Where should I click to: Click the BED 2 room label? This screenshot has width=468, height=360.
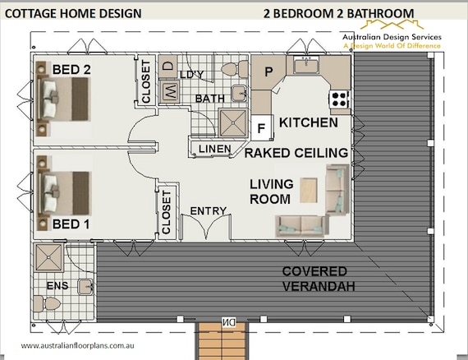tap(71, 70)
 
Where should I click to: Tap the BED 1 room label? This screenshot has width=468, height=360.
tap(71, 224)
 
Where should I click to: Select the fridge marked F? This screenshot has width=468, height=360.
tap(262, 127)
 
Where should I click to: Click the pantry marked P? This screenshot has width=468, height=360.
tap(268, 72)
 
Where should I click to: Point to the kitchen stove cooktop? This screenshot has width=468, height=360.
tap(339, 99)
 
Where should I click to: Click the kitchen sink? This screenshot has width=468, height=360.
tap(306, 65)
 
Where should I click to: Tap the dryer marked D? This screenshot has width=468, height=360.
tap(167, 66)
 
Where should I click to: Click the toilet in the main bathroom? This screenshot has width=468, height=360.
tap(234, 69)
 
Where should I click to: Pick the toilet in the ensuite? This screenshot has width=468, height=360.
tap(47, 304)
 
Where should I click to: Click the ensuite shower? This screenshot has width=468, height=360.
tap(48, 257)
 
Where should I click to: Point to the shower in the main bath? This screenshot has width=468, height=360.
tap(233, 122)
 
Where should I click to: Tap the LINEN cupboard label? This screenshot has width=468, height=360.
tap(215, 149)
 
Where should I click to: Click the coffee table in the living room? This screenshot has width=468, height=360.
tap(309, 191)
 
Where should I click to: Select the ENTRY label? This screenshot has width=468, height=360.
tap(209, 211)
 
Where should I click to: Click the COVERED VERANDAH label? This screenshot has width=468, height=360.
tap(319, 279)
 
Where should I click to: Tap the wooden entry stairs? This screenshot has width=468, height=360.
tap(222, 340)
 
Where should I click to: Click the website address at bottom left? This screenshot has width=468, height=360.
tap(78, 346)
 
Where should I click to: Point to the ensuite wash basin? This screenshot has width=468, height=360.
tap(86, 287)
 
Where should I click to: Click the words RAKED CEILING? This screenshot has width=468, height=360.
tap(296, 153)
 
